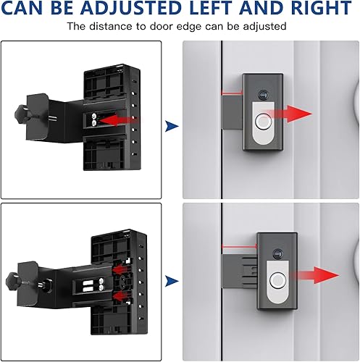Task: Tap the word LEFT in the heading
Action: coord(222,9)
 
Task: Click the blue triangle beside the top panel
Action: coord(172,126)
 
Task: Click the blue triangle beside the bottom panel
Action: coord(172,280)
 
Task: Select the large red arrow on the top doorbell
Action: coord(288,114)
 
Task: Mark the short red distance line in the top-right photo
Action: coord(230,93)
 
